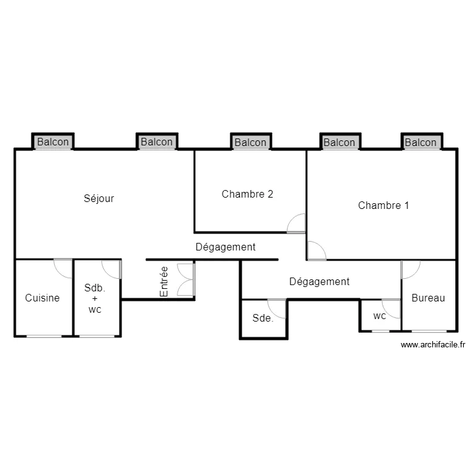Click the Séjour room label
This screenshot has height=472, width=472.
[x=99, y=198]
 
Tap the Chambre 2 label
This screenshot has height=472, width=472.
[x=247, y=194]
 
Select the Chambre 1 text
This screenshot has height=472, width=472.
[x=383, y=205]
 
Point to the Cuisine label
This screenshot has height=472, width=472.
[x=42, y=298]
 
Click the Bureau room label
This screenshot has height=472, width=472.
[x=428, y=298]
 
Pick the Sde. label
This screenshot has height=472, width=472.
[x=262, y=318]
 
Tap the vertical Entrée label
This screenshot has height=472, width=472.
[x=164, y=281]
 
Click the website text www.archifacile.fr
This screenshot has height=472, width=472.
[x=432, y=344]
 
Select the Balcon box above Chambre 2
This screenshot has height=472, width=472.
[x=250, y=143]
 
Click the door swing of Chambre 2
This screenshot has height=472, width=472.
[x=296, y=223]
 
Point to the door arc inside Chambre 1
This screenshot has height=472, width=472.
[x=317, y=250]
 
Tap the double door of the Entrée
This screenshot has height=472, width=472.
[x=186, y=279]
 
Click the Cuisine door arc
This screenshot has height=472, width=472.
[x=63, y=268]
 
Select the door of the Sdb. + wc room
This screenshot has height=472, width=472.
[x=111, y=269]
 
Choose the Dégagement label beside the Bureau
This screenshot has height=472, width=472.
[x=319, y=281]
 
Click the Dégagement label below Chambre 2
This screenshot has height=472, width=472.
[x=225, y=247]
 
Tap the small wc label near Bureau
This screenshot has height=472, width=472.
[x=379, y=316]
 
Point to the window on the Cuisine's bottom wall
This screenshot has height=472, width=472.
[x=44, y=336]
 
